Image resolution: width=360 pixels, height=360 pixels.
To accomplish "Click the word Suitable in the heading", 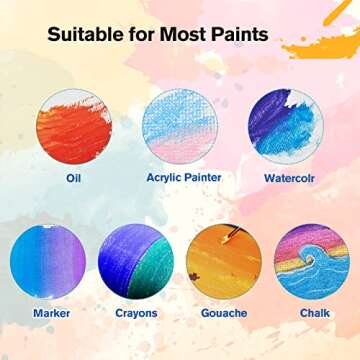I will tap(84, 35).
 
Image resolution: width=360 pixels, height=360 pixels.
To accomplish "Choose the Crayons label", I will tap(135, 313).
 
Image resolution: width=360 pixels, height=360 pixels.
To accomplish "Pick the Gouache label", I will tap(223, 313).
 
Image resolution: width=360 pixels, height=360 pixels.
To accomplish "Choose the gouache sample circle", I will tap(223, 262).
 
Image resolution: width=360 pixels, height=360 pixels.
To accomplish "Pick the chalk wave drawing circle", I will tap(311, 262).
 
